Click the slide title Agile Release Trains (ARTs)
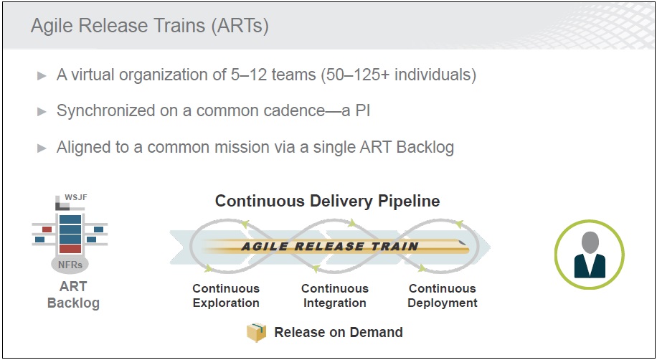pos(150,26)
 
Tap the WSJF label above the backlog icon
pos(76,197)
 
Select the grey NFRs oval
pos(70,264)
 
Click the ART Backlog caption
pos(73,295)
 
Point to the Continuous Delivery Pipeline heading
pos(327,202)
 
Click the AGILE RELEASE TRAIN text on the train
pos(330,246)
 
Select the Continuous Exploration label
pos(226,295)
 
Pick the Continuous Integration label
pos(335,295)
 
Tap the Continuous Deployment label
pos(443,295)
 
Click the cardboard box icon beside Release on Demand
pos(257,332)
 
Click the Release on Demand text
pos(339,332)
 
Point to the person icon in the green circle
pos(590,255)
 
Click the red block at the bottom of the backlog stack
pos(70,249)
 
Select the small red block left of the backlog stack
pos(47,229)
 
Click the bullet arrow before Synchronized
pos(42,111)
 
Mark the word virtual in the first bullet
pos(93,75)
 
